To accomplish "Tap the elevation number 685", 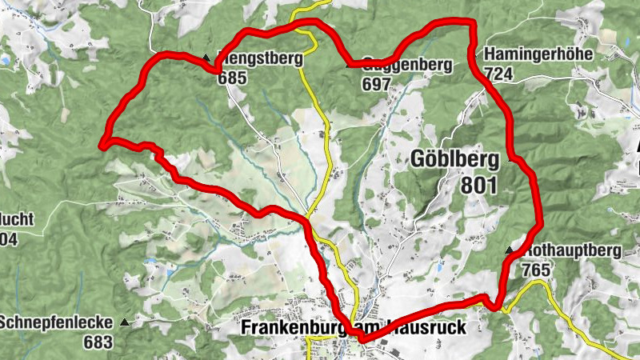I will point(230,78).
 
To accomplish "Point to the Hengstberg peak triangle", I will point(206,58).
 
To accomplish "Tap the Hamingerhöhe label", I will point(538,55).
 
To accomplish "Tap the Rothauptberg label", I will point(574,250).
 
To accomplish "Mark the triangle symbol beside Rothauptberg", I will point(508,251).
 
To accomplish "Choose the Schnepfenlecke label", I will point(55,323).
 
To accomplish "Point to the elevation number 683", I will point(97,342).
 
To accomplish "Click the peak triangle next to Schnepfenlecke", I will point(124,323).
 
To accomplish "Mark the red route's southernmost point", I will point(362,339).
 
